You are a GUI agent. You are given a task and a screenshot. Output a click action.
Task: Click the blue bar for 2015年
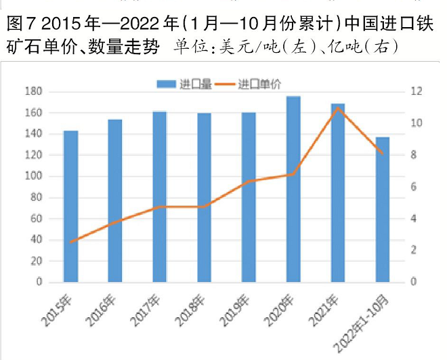coord(70,207)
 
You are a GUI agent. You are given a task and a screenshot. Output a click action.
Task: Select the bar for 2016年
coord(115,201)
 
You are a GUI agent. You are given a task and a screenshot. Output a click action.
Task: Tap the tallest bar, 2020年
coord(293,189)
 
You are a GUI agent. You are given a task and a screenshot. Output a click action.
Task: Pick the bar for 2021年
coord(338,193)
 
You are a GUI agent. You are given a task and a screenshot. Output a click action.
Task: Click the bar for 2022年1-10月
coord(383,209)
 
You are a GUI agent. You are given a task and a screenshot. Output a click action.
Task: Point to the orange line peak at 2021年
coord(338,108)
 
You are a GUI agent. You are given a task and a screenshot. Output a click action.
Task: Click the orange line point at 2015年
coord(70,241)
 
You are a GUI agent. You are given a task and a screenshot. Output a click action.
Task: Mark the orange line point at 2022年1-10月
coord(383,153)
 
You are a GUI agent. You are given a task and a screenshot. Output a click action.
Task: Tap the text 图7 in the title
coord(19,26)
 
